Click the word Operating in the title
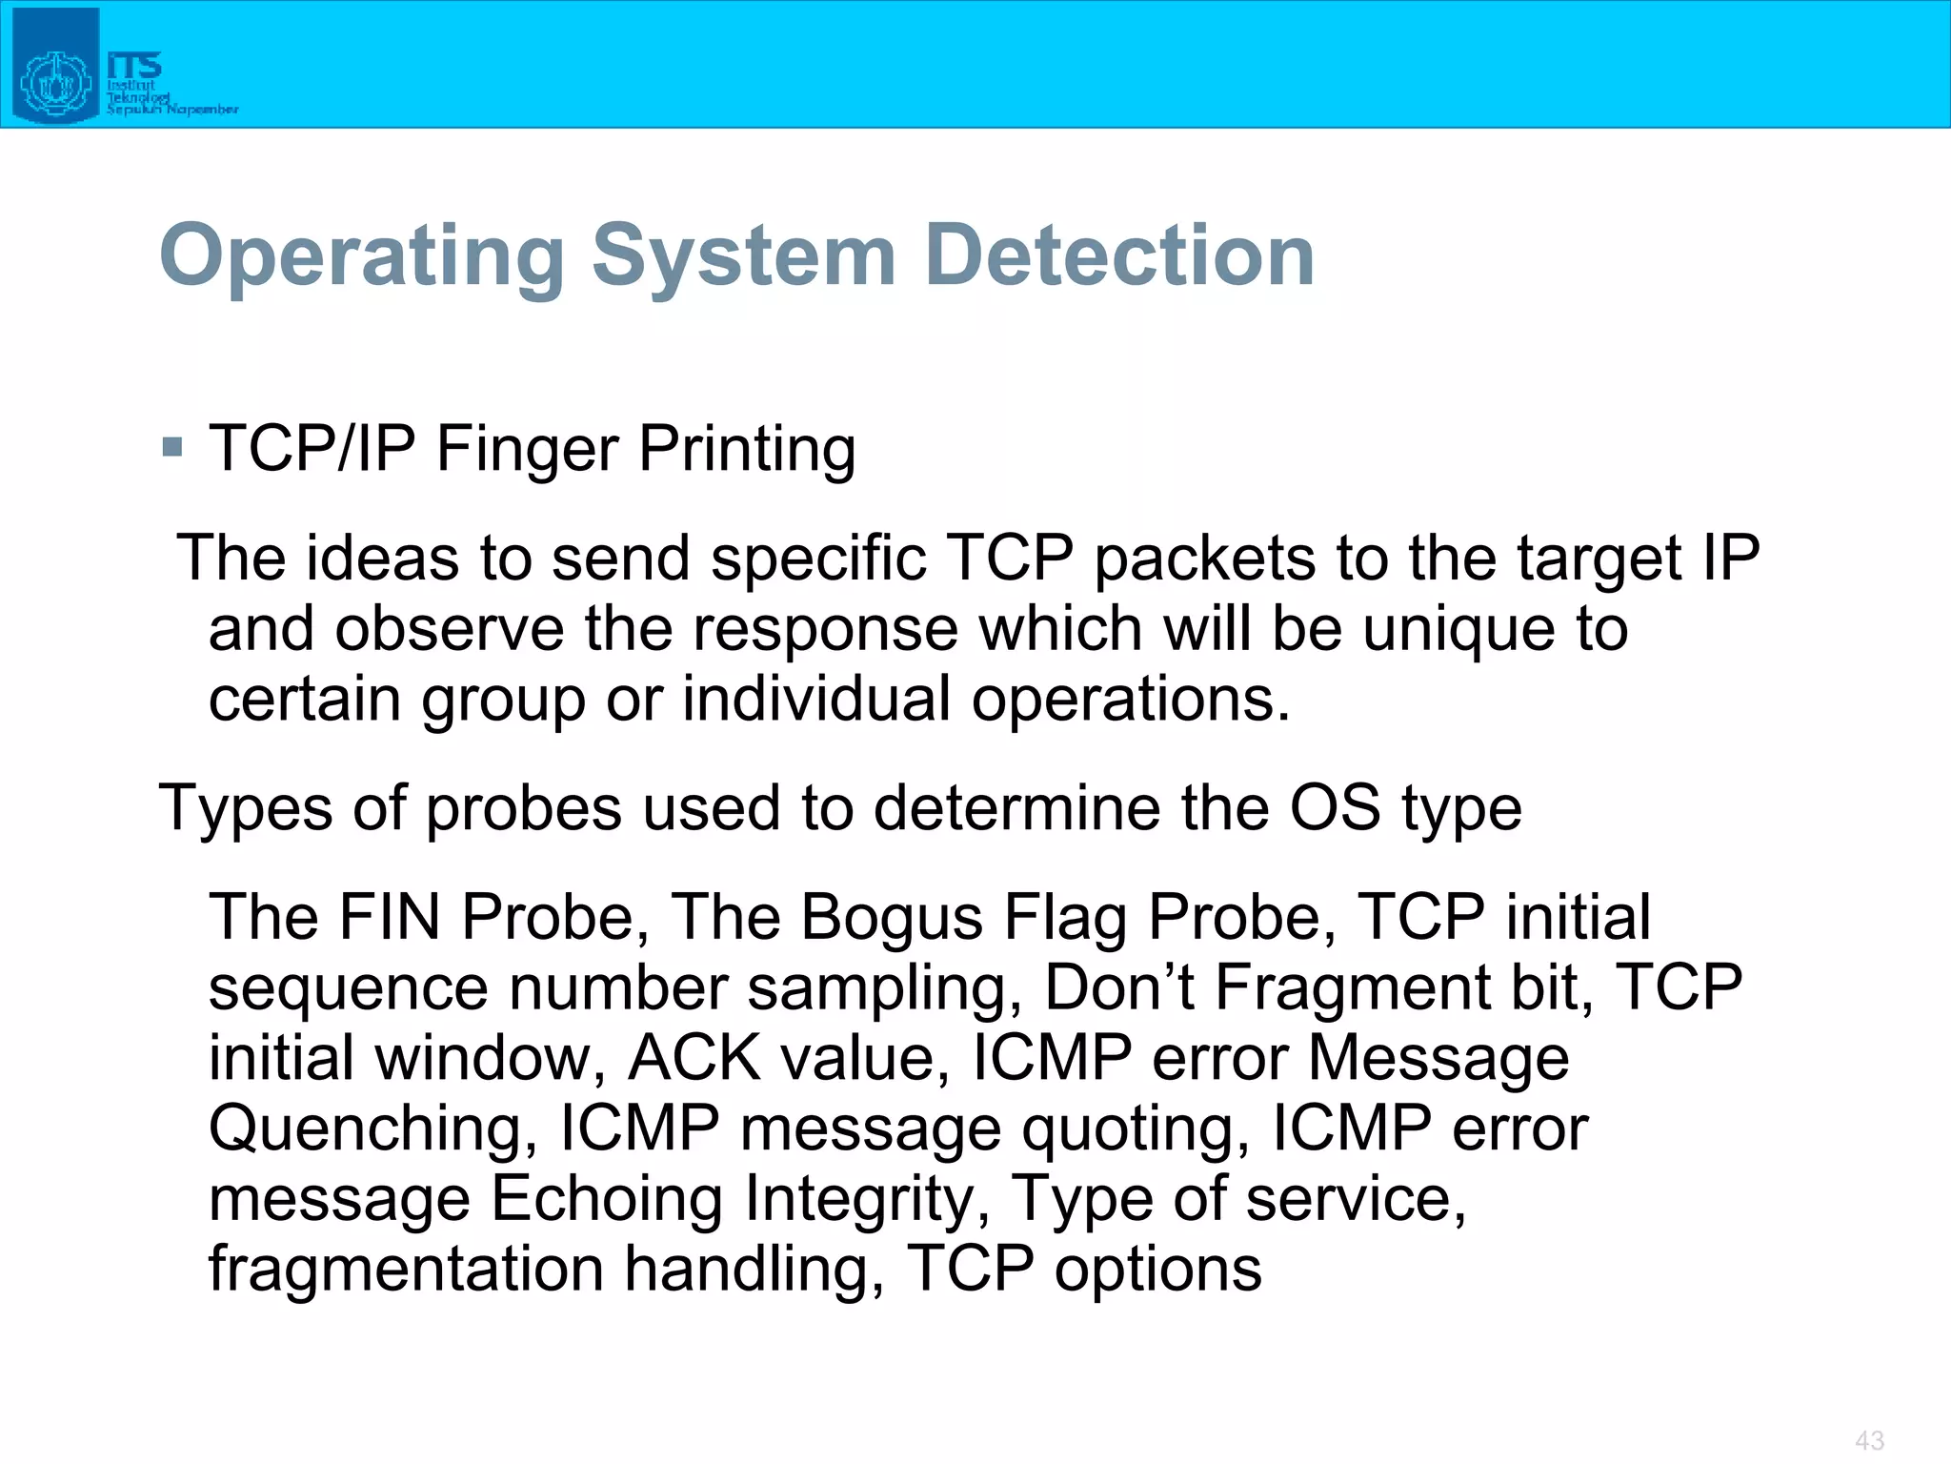click(x=363, y=255)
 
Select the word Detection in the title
click(x=1119, y=255)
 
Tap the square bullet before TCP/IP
click(x=172, y=446)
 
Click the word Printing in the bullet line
click(x=747, y=450)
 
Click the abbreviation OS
click(x=1334, y=808)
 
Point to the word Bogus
click(x=891, y=917)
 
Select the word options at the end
click(x=1157, y=1270)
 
